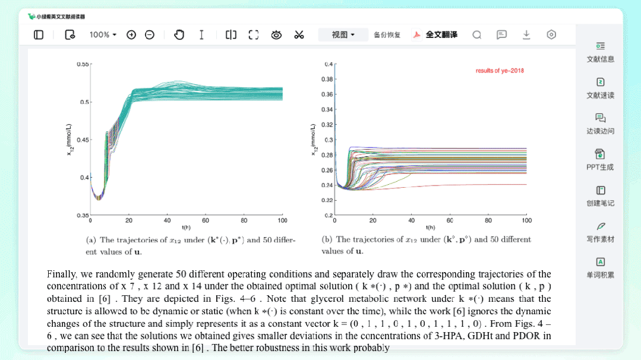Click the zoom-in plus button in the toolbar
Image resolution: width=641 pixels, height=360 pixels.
131,35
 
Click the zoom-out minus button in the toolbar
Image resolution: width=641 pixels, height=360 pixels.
150,35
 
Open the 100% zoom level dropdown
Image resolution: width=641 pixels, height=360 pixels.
103,35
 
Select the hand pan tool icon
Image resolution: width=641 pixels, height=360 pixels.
179,35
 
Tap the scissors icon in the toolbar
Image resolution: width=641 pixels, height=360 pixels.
299,35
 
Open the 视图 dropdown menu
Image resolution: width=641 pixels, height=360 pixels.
343,35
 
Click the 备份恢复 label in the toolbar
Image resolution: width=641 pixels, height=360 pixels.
387,35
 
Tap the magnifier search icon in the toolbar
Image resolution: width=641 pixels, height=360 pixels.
476,35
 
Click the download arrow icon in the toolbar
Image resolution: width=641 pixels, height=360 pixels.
526,35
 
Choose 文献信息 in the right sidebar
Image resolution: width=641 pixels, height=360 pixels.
600,52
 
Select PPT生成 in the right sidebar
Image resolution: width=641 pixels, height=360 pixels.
600,160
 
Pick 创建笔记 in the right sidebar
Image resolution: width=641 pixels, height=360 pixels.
600,196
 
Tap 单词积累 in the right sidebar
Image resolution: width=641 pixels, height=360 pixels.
600,268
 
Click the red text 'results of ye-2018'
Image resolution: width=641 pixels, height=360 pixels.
500,71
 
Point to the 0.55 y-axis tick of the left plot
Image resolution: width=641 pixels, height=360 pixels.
83,64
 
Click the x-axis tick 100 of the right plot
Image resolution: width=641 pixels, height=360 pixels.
526,220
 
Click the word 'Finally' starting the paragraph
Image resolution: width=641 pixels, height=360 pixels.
61,274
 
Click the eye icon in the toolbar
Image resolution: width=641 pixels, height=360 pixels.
276,35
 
